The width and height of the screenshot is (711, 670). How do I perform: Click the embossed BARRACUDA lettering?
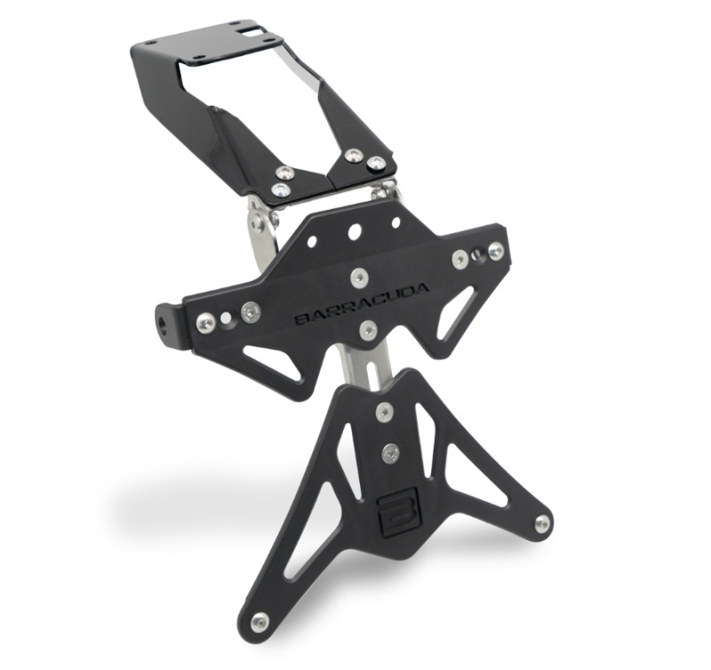pos(362,304)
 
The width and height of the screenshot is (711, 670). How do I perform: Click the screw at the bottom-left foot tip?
pos(260,619)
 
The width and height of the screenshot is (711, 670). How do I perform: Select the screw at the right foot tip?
pos(541,524)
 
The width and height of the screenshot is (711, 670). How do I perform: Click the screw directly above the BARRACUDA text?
pos(359,276)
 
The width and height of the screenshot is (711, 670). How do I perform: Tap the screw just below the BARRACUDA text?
pos(368,331)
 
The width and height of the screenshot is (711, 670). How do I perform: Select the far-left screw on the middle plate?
pos(206,323)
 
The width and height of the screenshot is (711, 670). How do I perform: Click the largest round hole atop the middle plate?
pos(355,232)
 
